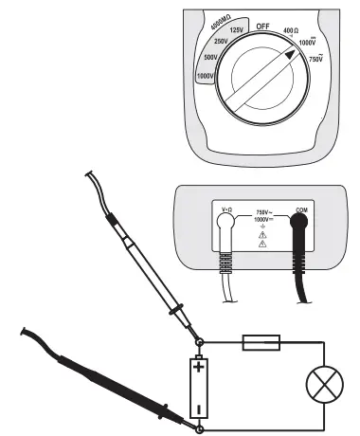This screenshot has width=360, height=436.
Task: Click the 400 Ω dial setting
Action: pyautogui.click(x=292, y=32)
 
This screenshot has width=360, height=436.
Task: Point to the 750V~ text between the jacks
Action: pyautogui.click(x=264, y=213)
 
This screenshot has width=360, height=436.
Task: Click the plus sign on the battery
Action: pyautogui.click(x=199, y=363)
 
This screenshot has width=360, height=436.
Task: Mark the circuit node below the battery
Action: pyautogui.click(x=200, y=428)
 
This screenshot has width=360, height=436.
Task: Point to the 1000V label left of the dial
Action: pyautogui.click(x=205, y=75)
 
